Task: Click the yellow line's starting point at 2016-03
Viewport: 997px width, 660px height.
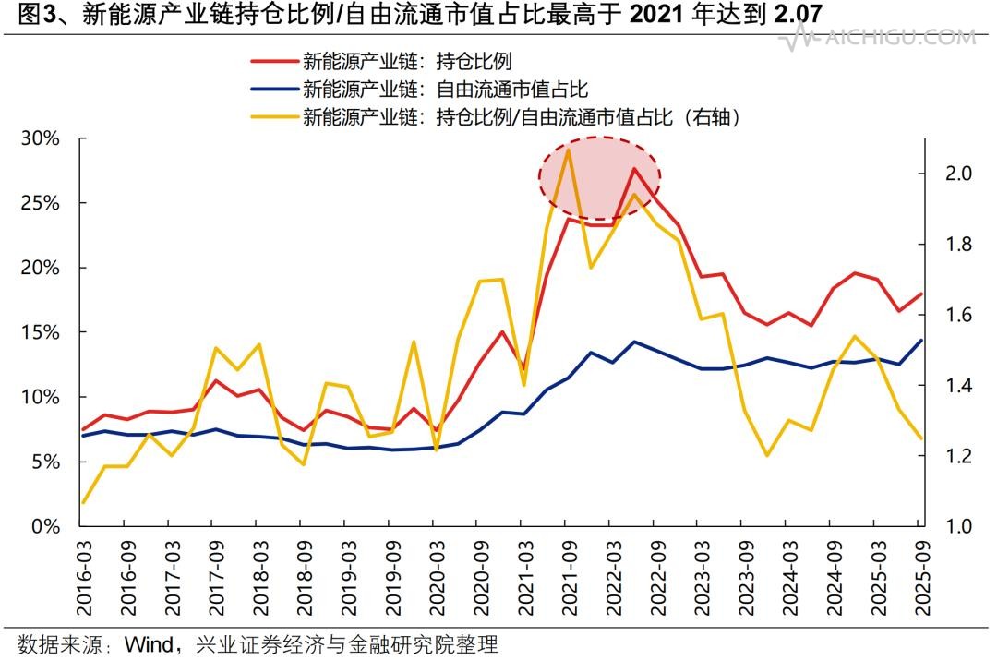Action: point(83,503)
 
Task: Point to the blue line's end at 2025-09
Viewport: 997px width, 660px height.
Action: point(920,340)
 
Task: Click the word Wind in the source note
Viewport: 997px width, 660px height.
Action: point(148,643)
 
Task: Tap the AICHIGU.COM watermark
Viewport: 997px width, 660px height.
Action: point(886,38)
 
